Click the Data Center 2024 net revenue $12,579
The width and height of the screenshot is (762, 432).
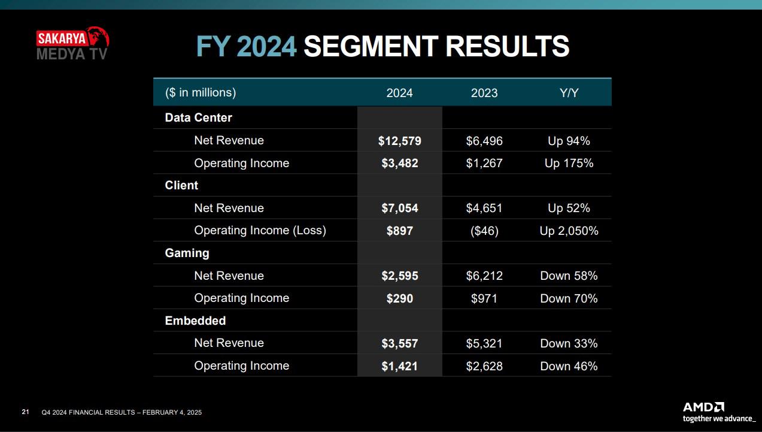tap(399, 141)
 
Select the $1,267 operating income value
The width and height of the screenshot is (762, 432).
tap(484, 164)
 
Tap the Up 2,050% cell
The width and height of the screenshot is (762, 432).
tap(569, 231)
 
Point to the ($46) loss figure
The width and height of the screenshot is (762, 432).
tap(484, 231)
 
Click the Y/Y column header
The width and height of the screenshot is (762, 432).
tap(569, 93)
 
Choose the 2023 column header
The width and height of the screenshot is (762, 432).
tap(484, 93)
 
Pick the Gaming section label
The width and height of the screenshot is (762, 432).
tap(187, 253)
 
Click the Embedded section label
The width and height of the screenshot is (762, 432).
tap(195, 321)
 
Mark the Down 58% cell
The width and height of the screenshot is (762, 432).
tap(569, 276)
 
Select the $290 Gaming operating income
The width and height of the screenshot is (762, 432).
tap(399, 298)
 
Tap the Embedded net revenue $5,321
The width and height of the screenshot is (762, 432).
tap(484, 343)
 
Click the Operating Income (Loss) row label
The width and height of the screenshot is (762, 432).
tap(260, 231)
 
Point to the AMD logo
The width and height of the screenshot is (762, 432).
tap(718, 412)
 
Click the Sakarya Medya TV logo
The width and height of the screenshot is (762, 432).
tap(72, 44)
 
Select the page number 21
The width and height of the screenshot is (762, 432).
tap(26, 412)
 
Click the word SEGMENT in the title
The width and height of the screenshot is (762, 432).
tap(371, 46)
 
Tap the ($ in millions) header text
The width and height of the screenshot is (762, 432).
tap(201, 93)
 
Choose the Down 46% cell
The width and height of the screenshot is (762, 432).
tap(569, 366)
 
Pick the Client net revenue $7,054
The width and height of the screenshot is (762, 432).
tap(399, 209)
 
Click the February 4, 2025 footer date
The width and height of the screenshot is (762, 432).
tap(172, 413)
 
